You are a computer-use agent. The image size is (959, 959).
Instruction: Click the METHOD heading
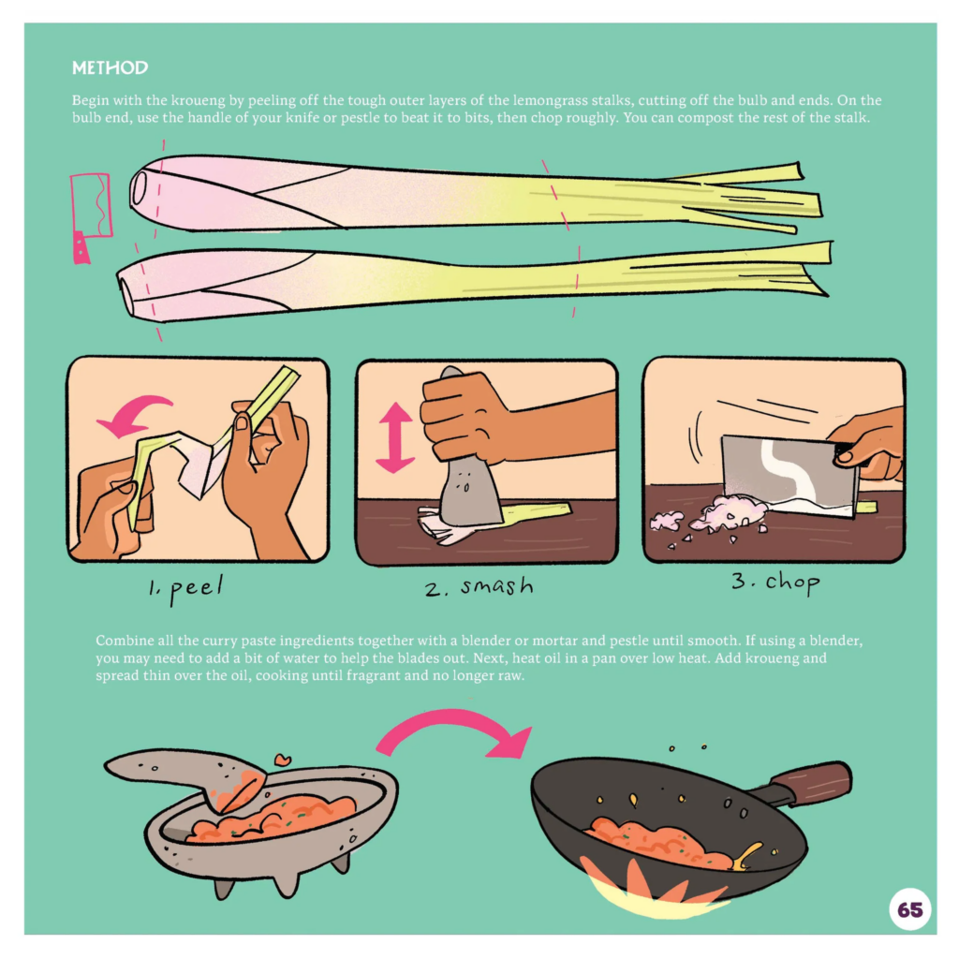[110, 68]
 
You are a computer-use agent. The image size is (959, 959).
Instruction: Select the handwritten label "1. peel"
[183, 590]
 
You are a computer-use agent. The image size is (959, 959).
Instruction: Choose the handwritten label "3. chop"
[775, 583]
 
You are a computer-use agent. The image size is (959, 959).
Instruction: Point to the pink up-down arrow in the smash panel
[395, 436]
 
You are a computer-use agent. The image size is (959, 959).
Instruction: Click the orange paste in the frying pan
[656, 840]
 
